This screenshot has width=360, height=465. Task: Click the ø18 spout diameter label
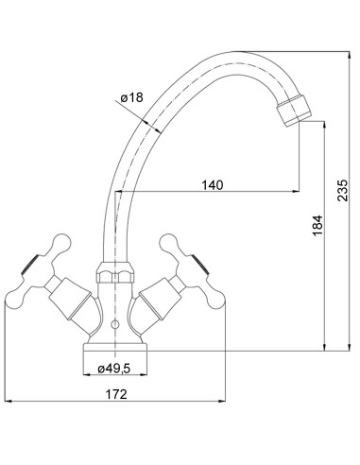pyautogui.click(x=132, y=97)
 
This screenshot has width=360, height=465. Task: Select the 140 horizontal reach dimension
pyautogui.click(x=212, y=185)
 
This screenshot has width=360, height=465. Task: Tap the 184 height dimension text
pyautogui.click(x=317, y=225)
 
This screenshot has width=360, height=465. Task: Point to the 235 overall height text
pyautogui.click(x=342, y=190)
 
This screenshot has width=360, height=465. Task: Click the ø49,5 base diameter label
pyautogui.click(x=113, y=369)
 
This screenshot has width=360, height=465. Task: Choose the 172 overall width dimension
pyautogui.click(x=116, y=394)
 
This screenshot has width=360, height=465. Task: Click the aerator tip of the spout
pyautogui.click(x=294, y=112)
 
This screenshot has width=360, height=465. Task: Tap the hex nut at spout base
pyautogui.click(x=115, y=272)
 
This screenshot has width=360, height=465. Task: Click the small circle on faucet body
pyautogui.click(x=115, y=323)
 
